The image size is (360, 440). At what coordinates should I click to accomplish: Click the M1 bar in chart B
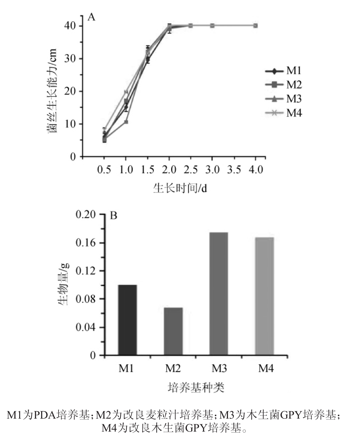127,320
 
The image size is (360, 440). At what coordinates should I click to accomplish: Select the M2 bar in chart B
173,331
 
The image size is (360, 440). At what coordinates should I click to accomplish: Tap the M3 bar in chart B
219,294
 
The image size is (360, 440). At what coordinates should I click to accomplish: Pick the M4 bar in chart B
265,296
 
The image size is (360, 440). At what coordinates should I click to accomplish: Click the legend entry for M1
284,71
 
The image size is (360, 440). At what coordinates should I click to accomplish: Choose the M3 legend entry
284,99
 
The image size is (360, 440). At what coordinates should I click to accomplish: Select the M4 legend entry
284,113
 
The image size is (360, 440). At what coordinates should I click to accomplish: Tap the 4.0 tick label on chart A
255,170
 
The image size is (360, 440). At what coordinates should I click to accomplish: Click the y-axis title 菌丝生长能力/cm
52,91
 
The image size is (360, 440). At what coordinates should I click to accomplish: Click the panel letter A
91,17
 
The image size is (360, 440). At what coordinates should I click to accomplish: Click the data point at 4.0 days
255,26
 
